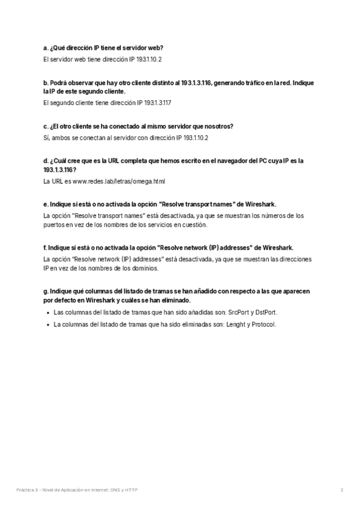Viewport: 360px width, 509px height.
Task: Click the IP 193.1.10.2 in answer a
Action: tap(146, 59)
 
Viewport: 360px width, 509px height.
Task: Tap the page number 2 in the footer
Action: tap(341, 490)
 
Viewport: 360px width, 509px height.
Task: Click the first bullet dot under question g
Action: tap(47, 313)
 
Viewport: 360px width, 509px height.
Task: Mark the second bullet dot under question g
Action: tap(47, 325)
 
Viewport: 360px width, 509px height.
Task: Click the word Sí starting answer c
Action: tap(47, 137)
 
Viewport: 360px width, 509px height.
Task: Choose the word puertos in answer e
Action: tap(54, 224)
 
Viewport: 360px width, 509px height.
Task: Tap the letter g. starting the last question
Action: tap(46, 291)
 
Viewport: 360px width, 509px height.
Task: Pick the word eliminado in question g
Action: tap(176, 300)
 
